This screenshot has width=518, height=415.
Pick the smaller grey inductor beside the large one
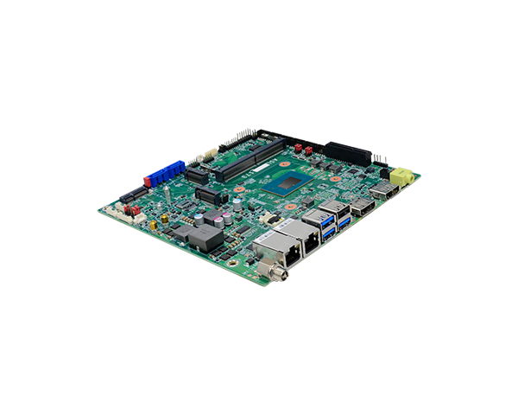point(182,231)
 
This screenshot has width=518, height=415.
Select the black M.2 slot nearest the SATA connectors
point(198,175)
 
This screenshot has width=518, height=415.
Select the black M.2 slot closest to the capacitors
point(207,194)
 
